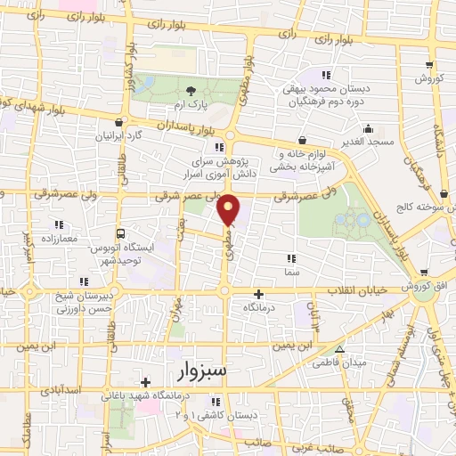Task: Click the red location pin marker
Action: coord(229,209)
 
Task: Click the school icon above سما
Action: coord(293,256)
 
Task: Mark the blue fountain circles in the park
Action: coord(354,218)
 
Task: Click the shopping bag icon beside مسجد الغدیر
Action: coord(302,140)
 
